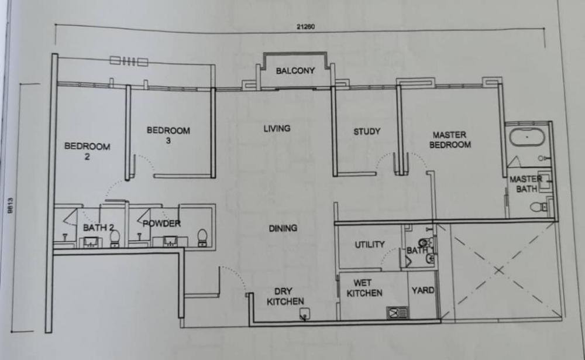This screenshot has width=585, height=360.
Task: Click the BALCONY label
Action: click(x=295, y=71)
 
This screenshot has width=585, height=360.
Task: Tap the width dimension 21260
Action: click(x=305, y=26)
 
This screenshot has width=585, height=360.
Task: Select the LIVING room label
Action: click(x=277, y=128)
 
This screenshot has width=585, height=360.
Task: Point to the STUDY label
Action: click(x=367, y=132)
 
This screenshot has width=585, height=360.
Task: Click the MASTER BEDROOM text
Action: click(x=450, y=140)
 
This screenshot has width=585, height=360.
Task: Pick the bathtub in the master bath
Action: click(x=527, y=137)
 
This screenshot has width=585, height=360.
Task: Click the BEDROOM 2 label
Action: click(x=87, y=151)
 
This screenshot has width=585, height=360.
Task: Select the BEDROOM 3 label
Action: click(x=168, y=135)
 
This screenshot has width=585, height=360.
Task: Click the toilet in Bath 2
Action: click(x=115, y=238)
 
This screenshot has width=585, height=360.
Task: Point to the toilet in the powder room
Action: click(x=202, y=238)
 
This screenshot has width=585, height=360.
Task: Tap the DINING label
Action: click(x=283, y=228)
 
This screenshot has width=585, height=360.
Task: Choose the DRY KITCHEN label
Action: click(x=285, y=296)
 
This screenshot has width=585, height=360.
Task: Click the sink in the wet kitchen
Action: click(x=397, y=313)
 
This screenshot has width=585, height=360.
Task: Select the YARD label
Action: click(x=423, y=290)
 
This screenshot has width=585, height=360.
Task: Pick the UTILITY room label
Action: click(x=369, y=245)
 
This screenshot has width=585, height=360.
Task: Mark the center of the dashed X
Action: click(x=499, y=270)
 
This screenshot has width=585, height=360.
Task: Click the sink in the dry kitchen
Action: click(x=305, y=314)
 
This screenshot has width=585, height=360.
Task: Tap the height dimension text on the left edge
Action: click(x=10, y=206)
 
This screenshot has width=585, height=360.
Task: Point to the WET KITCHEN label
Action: click(x=364, y=288)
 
